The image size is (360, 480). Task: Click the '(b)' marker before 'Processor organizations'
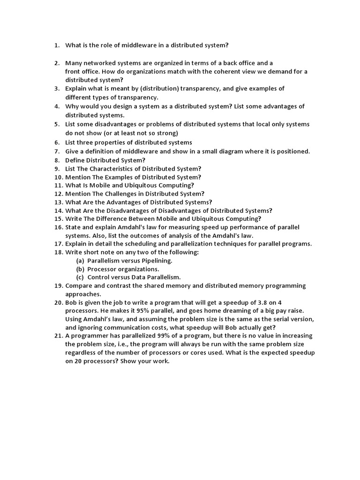80,269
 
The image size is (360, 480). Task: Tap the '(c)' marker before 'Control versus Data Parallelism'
80,277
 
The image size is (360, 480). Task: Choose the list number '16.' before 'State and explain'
58,227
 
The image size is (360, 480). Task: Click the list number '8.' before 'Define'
57,160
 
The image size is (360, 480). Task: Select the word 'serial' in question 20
276,319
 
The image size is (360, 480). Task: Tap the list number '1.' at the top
57,45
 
